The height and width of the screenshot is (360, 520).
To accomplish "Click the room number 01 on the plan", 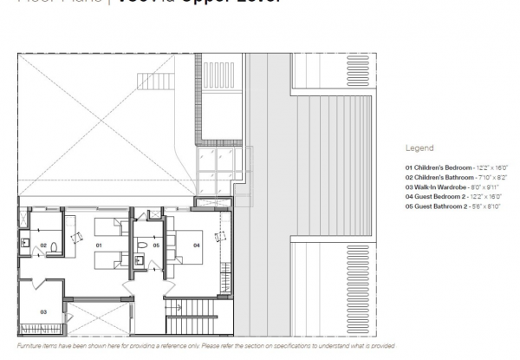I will [x=99, y=245].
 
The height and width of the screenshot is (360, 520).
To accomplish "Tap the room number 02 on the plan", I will [x=42, y=245].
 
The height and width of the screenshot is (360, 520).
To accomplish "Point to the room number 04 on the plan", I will [x=197, y=245].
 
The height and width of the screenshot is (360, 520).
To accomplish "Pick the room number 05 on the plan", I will [x=155, y=245].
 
